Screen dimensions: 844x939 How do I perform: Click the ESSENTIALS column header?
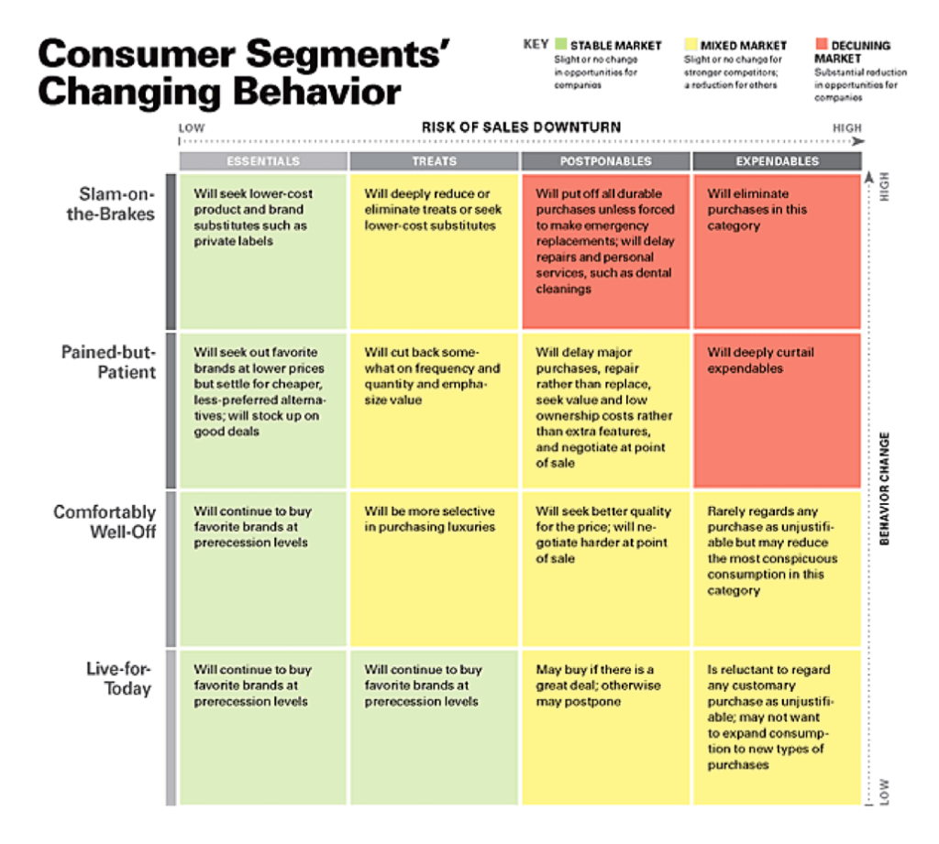pyautogui.click(x=263, y=161)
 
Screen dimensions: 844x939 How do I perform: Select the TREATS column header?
pyautogui.click(x=435, y=161)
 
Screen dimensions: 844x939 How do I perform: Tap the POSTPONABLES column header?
pyautogui.click(x=605, y=161)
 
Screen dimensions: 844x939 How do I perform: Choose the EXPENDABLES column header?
pyautogui.click(x=777, y=161)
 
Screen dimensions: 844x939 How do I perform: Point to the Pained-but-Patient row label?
pyautogui.click(x=109, y=363)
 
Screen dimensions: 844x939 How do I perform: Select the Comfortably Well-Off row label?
pyautogui.click(x=105, y=521)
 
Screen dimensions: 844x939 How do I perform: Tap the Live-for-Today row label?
pyautogui.click(x=119, y=678)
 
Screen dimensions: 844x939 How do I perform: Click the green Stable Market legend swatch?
pyautogui.click(x=561, y=44)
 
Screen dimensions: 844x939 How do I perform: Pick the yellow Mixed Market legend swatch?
pyautogui.click(x=690, y=44)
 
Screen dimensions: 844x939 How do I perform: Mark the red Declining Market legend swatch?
pyautogui.click(x=820, y=44)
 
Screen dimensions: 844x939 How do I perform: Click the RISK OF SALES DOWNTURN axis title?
pyautogui.click(x=521, y=126)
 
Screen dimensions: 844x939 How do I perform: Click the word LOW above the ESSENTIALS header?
pyautogui.click(x=192, y=128)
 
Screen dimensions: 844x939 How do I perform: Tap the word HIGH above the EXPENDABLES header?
pyautogui.click(x=846, y=128)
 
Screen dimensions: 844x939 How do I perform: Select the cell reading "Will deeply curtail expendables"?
pyautogui.click(x=777, y=409)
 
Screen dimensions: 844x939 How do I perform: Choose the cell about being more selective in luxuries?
pyautogui.click(x=435, y=568)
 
